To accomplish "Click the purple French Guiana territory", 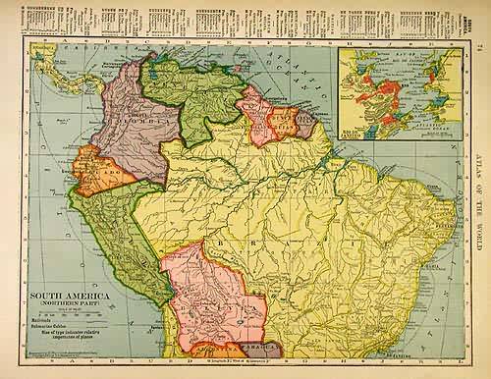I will (x=305, y=123).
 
